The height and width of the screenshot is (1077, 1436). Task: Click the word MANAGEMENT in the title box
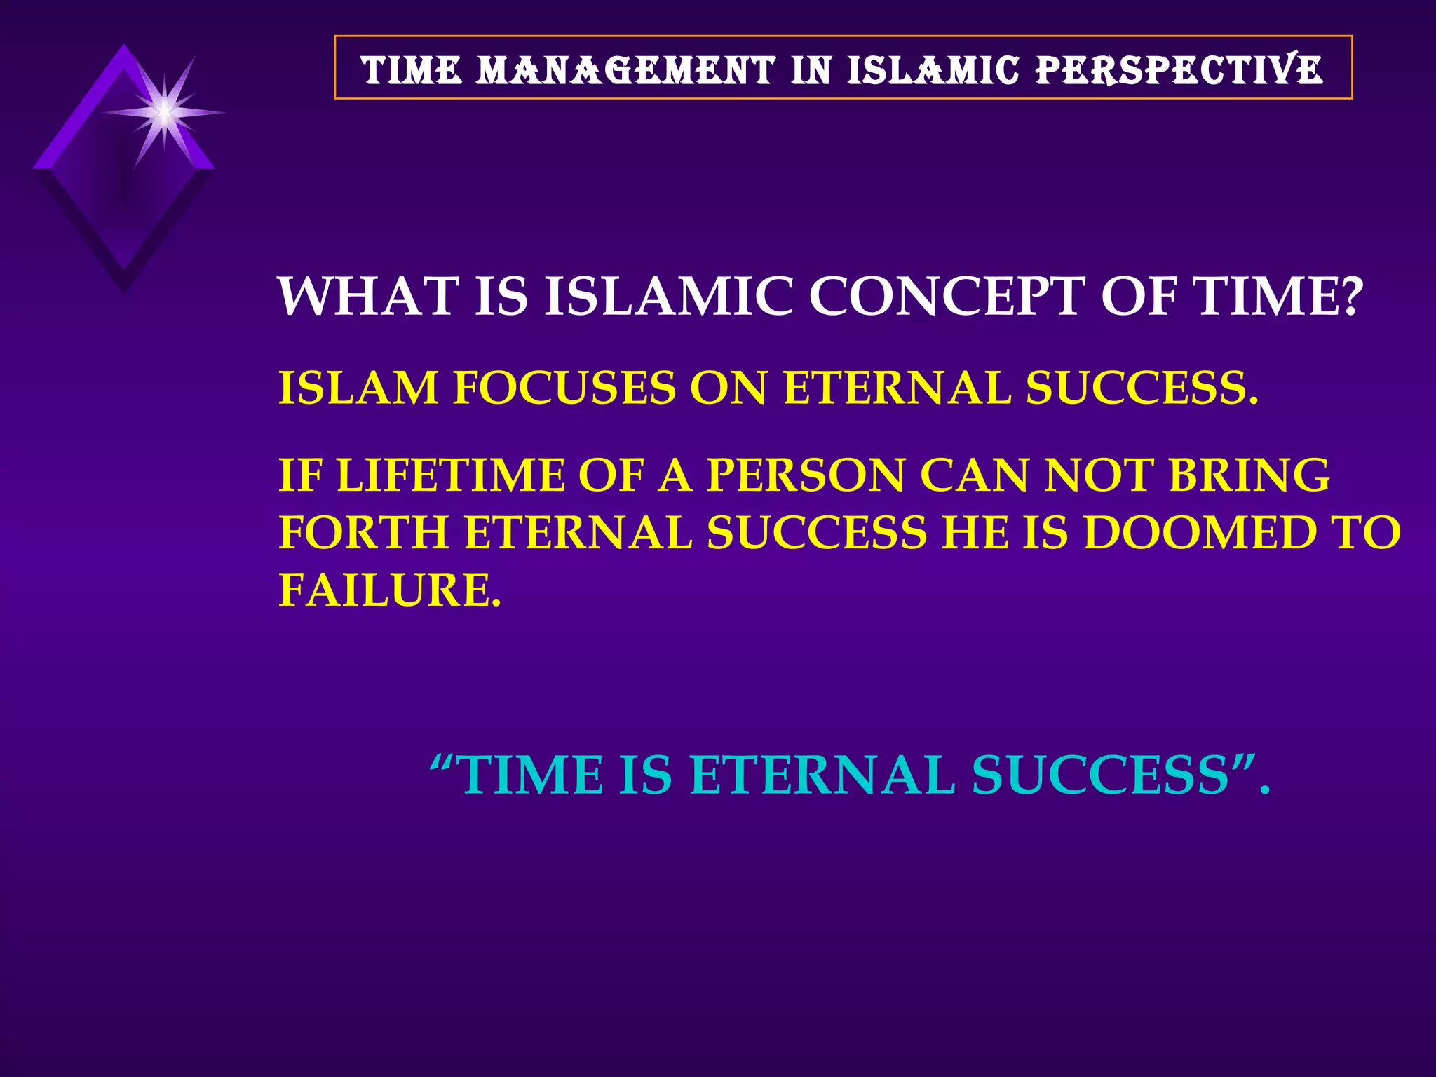(626, 71)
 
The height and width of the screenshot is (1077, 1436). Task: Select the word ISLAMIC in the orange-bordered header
(933, 71)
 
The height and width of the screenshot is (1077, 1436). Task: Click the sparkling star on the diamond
(164, 111)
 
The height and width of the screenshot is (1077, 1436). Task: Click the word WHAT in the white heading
(368, 297)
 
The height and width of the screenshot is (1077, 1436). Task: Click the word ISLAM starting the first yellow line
(358, 388)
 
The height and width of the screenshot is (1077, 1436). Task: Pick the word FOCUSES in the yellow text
(564, 388)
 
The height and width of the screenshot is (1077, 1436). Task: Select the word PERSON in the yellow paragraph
(806, 475)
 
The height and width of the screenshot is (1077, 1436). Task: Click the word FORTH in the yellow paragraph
(364, 533)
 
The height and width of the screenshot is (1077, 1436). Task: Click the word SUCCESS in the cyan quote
(1101, 775)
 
